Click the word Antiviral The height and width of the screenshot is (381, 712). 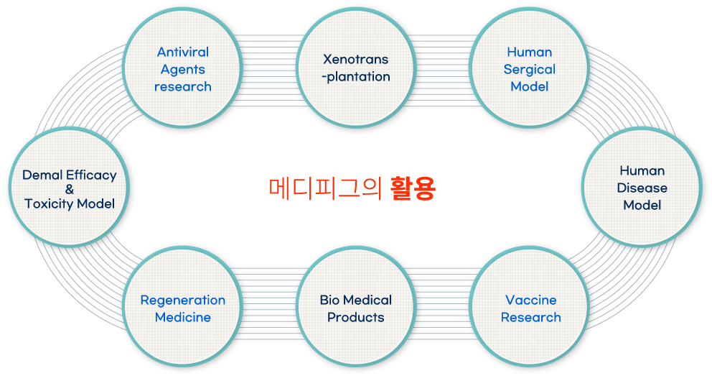pos(183,52)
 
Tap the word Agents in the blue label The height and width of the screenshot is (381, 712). pos(183,70)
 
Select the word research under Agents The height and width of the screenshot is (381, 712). pos(183,87)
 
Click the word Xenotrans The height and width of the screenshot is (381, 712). pos(356,59)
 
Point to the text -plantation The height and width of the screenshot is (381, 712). pos(356,77)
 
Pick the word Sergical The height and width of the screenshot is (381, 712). pos(530,70)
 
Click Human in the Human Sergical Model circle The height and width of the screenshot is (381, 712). pos(530,52)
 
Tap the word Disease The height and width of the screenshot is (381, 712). pos(642,188)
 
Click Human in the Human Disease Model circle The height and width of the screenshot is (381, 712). pos(642,171)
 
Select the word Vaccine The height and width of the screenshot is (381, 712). pos(531,300)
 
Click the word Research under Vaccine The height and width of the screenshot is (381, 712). pos(531,317)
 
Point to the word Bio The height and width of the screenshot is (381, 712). pos(329,300)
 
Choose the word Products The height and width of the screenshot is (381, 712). pos(356,317)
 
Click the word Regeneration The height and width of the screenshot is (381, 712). pos(183,300)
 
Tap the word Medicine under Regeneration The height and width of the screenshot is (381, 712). pos(183,317)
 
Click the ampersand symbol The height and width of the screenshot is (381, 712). pos(70,189)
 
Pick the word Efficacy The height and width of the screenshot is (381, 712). pos(91,175)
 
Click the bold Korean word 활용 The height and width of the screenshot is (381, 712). pos(413,188)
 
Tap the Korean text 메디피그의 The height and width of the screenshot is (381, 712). pos(325,188)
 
